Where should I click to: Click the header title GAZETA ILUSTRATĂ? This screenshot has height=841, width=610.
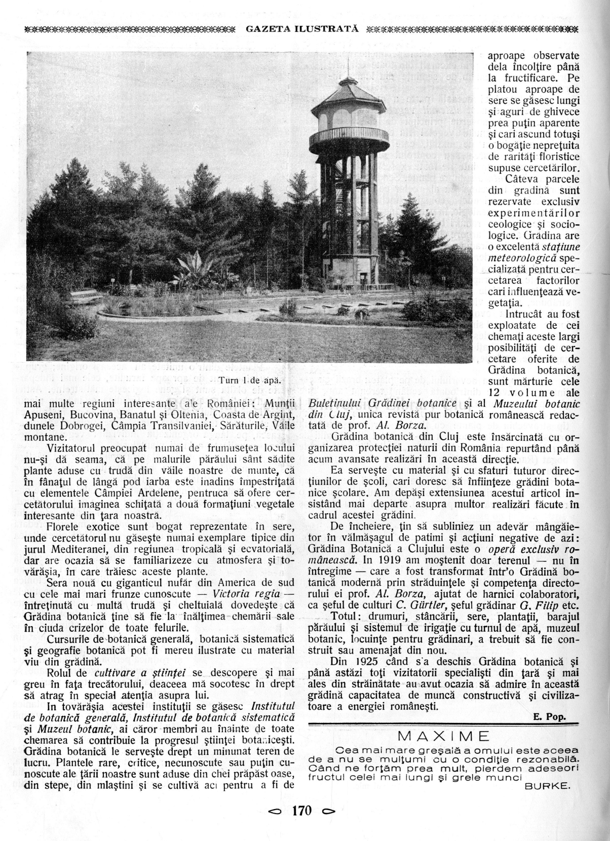pos(302,28)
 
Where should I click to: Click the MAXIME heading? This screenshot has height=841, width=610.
pos(443,736)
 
